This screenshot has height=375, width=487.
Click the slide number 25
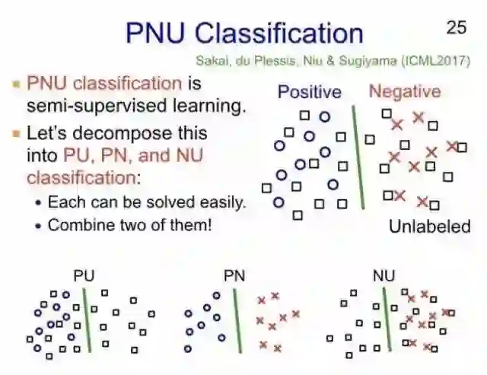point(456,27)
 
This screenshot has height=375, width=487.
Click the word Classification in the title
point(279,33)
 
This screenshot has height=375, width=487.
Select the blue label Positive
point(309,92)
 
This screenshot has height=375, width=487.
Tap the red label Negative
point(404,92)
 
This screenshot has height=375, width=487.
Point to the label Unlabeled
point(429,226)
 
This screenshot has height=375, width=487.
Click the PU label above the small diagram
point(84,276)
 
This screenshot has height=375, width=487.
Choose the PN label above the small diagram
point(234,276)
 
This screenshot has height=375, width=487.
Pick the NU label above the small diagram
point(384,276)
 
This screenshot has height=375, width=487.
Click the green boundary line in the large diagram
point(358,156)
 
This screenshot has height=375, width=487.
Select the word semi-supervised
point(100,105)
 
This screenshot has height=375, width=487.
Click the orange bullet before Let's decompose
point(16,134)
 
